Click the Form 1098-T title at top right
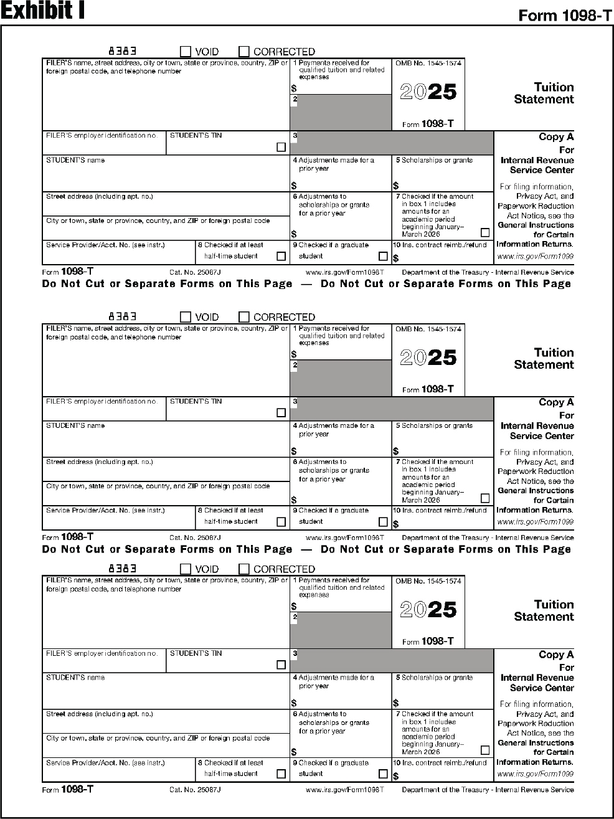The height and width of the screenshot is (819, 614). pos(565,16)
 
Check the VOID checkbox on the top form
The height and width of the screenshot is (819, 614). pos(186,52)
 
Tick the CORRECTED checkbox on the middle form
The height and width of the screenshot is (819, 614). pos(244,317)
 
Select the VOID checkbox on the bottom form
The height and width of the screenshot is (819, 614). pos(186,569)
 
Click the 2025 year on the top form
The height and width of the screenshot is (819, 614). pos(428,92)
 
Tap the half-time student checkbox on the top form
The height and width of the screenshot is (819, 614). pos(281,256)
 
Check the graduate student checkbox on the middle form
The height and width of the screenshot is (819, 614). pos(383,521)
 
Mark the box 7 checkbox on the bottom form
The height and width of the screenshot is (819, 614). pos(485,750)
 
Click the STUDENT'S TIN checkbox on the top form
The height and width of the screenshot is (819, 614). pos(281,148)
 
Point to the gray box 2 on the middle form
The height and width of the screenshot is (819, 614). pos(341,378)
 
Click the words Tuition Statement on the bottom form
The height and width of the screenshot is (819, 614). pos(544,610)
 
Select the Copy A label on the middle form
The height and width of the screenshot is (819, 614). pos(556,402)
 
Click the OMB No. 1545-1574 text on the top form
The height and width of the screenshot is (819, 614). pos(428,64)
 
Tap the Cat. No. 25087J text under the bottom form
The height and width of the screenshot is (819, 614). pos(195,790)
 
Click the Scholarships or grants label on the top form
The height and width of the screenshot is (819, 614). pos(437,161)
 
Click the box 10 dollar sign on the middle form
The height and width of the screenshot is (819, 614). pos(396,524)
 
